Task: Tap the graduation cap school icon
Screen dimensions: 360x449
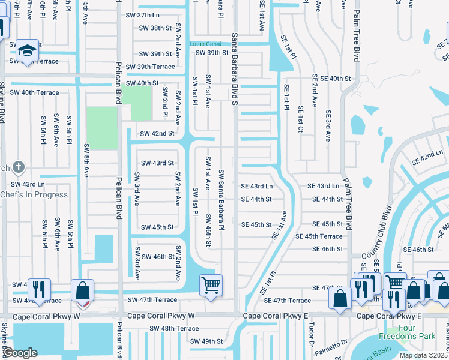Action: pyautogui.click(x=27, y=50)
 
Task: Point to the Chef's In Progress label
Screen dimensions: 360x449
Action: pyautogui.click(x=34, y=194)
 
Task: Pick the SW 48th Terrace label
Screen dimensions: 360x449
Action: pyautogui.click(x=174, y=328)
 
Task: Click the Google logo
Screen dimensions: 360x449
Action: pyautogui.click(x=21, y=353)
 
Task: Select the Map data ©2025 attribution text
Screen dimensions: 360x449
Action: pyautogui.click(x=424, y=356)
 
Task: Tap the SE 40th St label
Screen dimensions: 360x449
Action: pyautogui.click(x=331, y=79)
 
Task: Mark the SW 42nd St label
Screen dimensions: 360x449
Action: pyautogui.click(x=157, y=133)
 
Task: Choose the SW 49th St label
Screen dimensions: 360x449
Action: pyautogui.click(x=206, y=341)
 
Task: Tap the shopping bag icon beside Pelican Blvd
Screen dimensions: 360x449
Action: pyautogui.click(x=83, y=290)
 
